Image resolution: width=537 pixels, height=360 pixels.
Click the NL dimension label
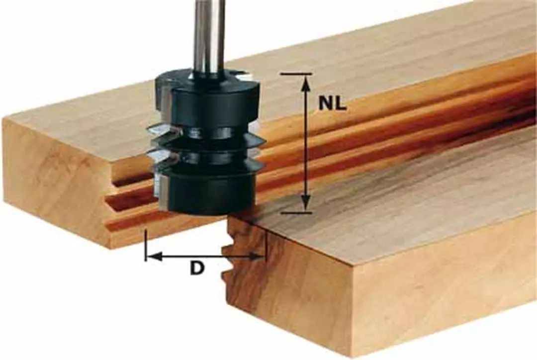[332, 103]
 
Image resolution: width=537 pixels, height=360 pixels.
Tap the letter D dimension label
[197, 268]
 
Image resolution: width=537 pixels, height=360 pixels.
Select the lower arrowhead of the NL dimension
[306, 202]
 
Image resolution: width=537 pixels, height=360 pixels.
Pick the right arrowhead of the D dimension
[257, 256]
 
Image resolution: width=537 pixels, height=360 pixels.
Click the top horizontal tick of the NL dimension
[296, 74]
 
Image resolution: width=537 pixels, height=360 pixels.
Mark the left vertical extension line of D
[146, 245]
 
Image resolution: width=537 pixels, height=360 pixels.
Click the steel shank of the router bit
[210, 34]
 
